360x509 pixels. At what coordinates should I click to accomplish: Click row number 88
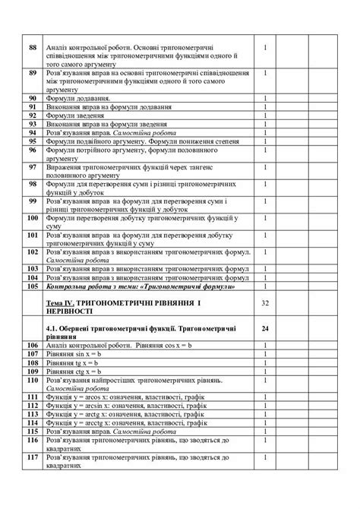point(32,48)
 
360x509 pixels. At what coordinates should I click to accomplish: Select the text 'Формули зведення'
point(77,115)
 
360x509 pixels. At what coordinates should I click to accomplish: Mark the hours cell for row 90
point(265,99)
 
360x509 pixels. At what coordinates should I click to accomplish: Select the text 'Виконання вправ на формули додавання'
point(111,107)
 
